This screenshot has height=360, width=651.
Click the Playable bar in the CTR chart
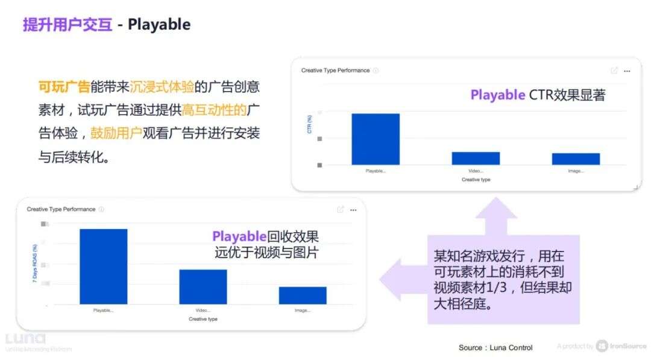click(x=376, y=139)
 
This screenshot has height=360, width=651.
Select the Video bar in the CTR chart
click(x=476, y=158)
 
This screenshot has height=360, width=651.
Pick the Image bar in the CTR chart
click(x=576, y=159)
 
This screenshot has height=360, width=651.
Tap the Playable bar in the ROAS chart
click(x=103, y=267)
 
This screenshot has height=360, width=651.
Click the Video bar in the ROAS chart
click(x=203, y=286)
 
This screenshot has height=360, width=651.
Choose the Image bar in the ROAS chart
click(x=303, y=295)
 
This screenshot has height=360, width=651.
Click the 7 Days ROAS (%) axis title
click(x=35, y=264)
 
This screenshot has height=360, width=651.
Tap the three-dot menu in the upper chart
click(x=627, y=71)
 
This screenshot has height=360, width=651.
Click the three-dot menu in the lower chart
click(x=353, y=210)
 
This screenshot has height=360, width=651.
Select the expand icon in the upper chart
click(x=614, y=71)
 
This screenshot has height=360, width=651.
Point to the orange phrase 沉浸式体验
click(x=162, y=87)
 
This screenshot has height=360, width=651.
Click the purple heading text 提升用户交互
click(x=68, y=25)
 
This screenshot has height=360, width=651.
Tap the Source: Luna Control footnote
click(x=495, y=347)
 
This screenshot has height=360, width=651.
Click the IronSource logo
click(x=621, y=346)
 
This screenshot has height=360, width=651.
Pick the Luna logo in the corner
click(x=25, y=338)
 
